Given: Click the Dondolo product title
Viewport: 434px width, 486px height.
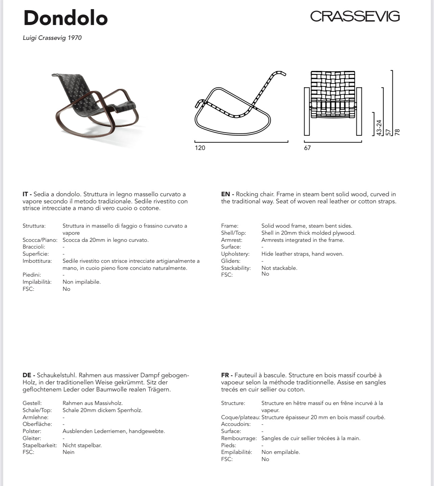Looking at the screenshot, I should coord(66,18).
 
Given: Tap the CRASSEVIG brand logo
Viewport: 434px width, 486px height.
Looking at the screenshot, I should coord(355,16).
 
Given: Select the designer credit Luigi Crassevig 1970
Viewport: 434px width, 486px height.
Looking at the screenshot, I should coord(52,38).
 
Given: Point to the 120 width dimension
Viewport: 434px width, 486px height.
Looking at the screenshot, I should coord(200,148).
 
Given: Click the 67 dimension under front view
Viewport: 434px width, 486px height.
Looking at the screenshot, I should coord(307,148).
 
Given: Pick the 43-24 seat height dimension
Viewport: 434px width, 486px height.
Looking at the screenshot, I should coord(379,128).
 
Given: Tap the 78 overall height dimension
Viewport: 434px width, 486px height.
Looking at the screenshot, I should coord(397,132).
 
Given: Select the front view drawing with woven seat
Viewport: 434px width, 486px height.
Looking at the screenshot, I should coord(333,101).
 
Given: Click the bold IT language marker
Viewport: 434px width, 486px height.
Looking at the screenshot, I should coord(27,194).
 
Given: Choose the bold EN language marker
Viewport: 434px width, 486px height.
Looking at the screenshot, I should coord(227,194).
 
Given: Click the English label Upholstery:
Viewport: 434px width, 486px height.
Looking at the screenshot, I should coord(235,254).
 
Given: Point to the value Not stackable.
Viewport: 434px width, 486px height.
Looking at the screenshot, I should coord(279,268).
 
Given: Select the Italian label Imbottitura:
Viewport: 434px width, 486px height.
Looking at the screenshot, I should coord(37,261).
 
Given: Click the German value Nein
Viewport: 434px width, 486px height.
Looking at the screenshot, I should coord(68,452).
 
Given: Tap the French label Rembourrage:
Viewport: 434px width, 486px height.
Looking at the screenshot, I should coord(239,438).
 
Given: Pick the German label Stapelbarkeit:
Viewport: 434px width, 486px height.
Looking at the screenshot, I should coord(40,445).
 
